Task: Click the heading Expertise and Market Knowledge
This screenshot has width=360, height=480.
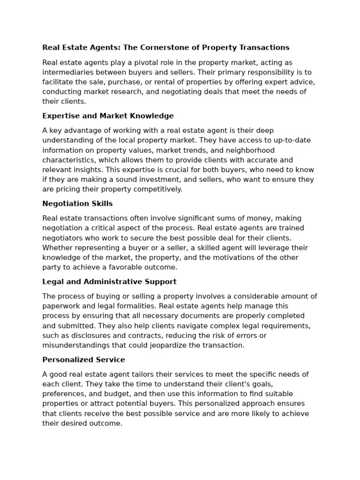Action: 108,116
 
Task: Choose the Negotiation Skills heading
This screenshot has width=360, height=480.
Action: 77,204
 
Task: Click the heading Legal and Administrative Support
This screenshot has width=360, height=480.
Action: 109,282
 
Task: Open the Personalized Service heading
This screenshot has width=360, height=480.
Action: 83,360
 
